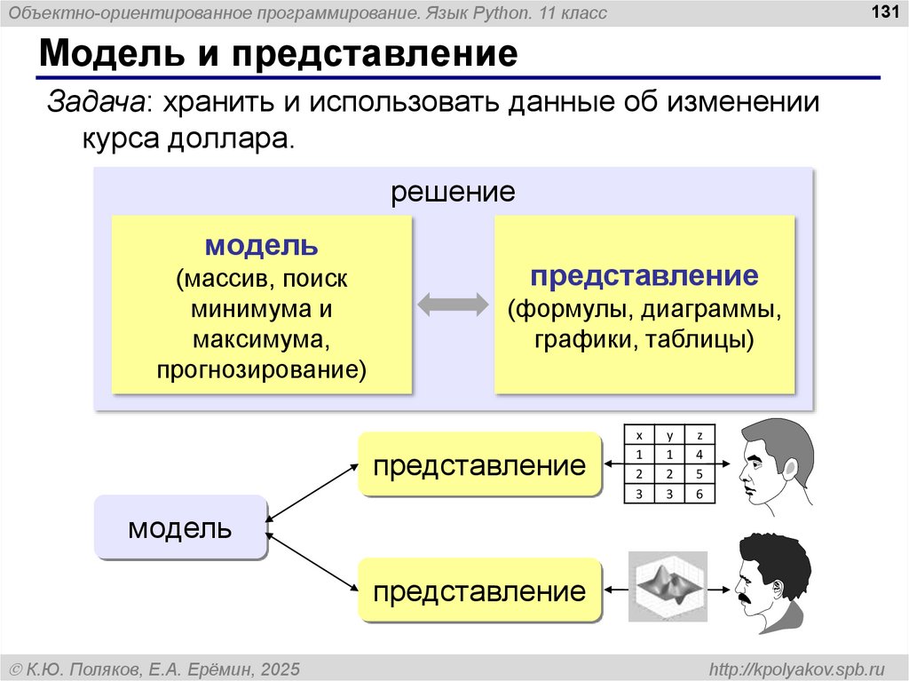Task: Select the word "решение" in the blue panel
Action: point(454,191)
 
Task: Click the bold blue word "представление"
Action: point(644,275)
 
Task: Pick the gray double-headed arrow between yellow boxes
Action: point(453,305)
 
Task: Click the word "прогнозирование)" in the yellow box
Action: point(262,368)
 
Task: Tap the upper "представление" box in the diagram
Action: point(479,464)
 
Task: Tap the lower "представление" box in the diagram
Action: point(479,590)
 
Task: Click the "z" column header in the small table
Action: point(700,436)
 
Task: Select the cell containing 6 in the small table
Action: point(700,494)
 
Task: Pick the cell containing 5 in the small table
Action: point(700,474)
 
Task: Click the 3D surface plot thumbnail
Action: point(665,586)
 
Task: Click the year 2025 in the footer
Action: point(279,668)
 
